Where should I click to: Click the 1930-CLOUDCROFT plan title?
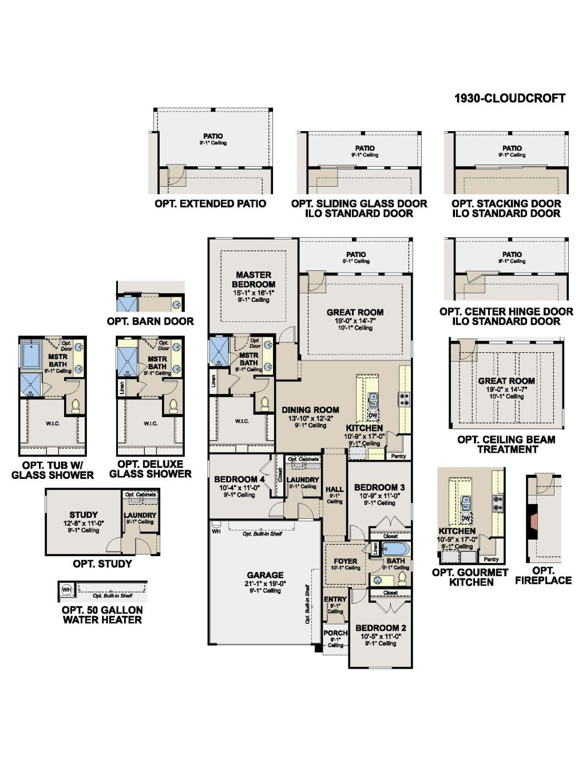click(x=509, y=98)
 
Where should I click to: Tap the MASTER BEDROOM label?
click(x=254, y=280)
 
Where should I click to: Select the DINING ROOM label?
click(x=310, y=410)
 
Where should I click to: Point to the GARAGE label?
click(x=265, y=575)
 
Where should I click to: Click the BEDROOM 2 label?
click(x=381, y=628)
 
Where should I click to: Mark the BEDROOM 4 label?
click(x=239, y=479)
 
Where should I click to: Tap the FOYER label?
click(x=345, y=561)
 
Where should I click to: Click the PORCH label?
click(x=335, y=633)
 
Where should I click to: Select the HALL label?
click(x=334, y=490)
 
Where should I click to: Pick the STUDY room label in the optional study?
click(x=84, y=515)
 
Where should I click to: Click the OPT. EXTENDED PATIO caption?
click(x=210, y=204)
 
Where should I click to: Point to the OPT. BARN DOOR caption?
click(x=150, y=321)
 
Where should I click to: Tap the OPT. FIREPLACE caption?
click(x=543, y=575)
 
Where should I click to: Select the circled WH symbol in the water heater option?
click(x=66, y=589)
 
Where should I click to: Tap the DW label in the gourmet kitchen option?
click(x=466, y=518)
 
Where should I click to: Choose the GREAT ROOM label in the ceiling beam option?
click(x=506, y=381)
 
